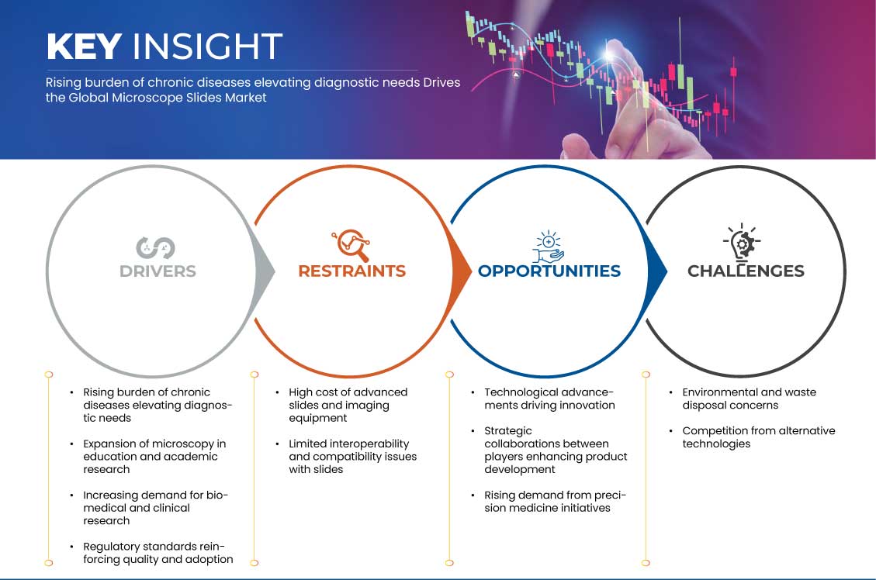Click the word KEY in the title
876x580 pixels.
(x=85, y=47)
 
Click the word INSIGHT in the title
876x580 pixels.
(x=207, y=47)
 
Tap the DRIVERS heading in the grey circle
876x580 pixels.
(x=158, y=271)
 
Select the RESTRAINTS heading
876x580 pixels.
(x=352, y=271)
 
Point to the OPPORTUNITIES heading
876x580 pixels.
(x=549, y=271)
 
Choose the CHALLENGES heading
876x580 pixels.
(x=746, y=271)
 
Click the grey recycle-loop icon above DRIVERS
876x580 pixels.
(x=155, y=248)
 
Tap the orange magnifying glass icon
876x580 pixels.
(x=351, y=245)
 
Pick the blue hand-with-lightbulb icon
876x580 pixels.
(x=548, y=246)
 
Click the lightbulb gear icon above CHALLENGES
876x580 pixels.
(x=742, y=242)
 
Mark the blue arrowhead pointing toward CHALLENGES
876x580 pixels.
(x=657, y=272)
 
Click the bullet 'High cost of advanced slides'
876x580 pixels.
(x=348, y=406)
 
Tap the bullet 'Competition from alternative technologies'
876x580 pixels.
(x=758, y=437)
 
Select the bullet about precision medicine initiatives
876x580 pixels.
(x=555, y=501)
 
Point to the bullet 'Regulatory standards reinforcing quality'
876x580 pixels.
(x=158, y=553)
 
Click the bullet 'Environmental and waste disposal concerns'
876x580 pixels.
(x=749, y=399)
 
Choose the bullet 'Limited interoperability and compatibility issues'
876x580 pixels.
(x=352, y=457)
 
